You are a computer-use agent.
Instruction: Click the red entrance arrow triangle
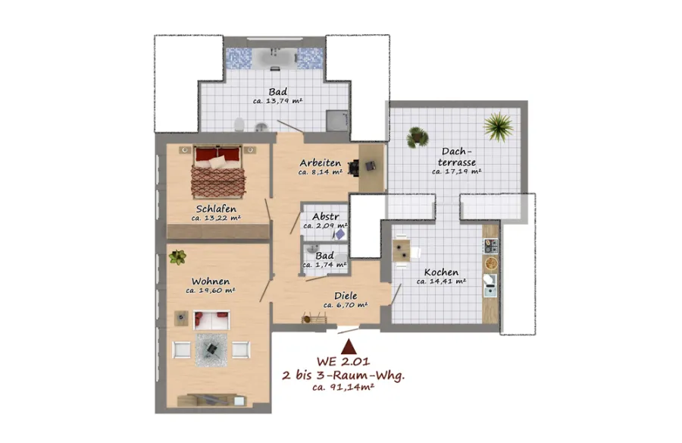pos(349,347)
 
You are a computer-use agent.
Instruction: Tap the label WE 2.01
pos(343,362)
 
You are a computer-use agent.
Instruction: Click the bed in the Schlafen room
pos(217,171)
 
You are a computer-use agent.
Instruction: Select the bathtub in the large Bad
pos(274,58)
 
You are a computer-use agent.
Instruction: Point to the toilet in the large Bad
pos(239,125)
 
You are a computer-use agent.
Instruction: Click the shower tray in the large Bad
pos(337,121)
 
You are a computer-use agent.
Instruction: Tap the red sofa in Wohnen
pos(211,320)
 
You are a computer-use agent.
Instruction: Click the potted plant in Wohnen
pos(177,257)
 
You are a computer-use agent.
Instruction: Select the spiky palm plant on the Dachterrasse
pos(499,127)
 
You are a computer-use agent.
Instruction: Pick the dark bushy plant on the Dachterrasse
pos(418,137)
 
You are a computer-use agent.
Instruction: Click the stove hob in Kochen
pos(491,246)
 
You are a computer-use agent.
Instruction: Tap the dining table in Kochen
pos(401,251)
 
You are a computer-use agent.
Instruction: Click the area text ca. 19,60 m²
pos(211,291)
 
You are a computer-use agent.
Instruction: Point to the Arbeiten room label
pos(320,163)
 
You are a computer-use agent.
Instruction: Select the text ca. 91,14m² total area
pos(343,387)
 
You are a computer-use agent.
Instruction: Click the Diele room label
pos(346,296)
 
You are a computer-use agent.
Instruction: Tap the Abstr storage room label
pos(326,216)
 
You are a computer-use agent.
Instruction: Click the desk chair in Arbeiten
pos(354,168)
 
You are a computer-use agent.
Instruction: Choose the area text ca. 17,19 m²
pos(457,171)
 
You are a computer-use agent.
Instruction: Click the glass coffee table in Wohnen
pos(211,350)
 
